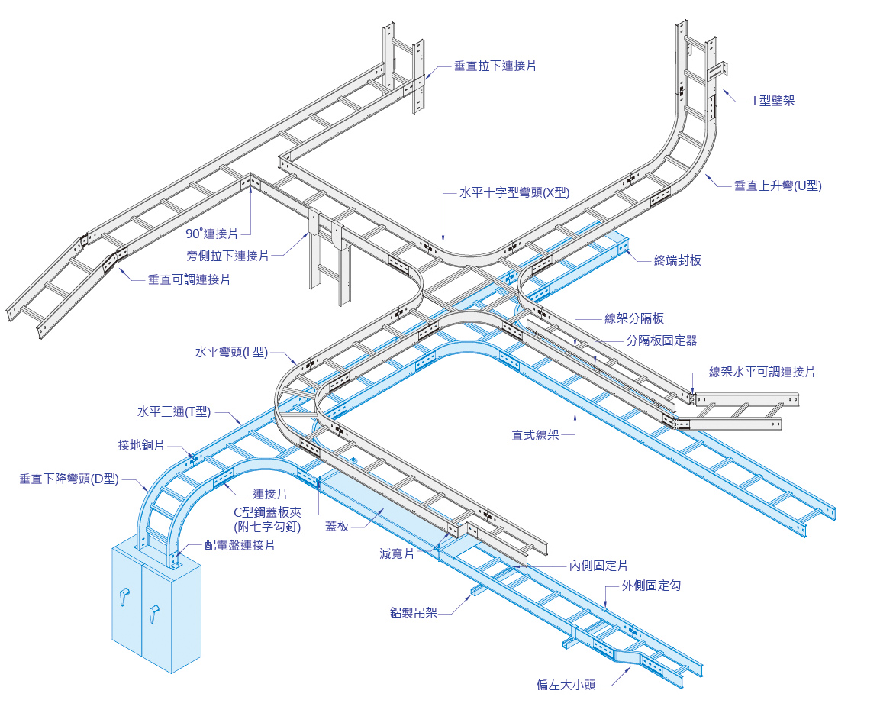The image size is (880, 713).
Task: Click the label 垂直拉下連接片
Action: [495, 66]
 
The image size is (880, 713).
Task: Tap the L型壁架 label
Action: [773, 100]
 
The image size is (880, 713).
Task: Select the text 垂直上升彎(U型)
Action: [778, 186]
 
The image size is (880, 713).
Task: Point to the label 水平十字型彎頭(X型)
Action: [514, 193]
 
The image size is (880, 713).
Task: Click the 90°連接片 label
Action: [211, 234]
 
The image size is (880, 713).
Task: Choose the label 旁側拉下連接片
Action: [227, 256]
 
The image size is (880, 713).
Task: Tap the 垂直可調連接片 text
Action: [189, 279]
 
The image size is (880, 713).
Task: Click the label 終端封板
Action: [678, 260]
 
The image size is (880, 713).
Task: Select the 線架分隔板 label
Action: [634, 318]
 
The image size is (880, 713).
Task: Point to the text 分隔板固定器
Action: [661, 340]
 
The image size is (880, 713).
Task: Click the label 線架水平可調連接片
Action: [762, 372]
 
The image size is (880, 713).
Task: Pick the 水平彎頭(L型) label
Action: [231, 352]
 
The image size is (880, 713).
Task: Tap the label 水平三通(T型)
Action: [174, 412]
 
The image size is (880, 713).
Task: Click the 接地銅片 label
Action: [141, 445]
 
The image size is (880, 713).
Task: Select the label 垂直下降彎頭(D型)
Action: [69, 479]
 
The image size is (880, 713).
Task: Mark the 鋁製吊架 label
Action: [413, 612]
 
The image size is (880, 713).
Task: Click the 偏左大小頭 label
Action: [566, 685]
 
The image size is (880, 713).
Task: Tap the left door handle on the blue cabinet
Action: [123, 598]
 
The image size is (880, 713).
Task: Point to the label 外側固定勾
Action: [651, 586]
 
